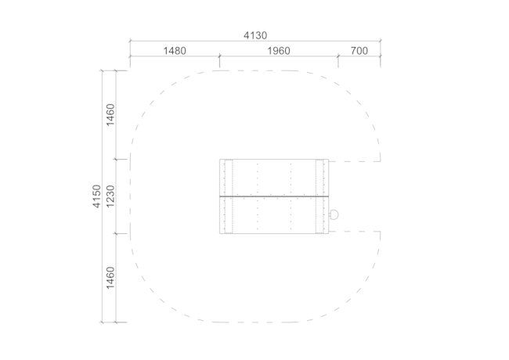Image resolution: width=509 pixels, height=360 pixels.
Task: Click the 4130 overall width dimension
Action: click(255, 35)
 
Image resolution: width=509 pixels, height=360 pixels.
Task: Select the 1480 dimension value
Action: click(175, 51)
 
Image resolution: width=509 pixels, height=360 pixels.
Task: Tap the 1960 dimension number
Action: click(279, 51)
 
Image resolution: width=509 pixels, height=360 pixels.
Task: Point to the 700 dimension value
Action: click(359, 51)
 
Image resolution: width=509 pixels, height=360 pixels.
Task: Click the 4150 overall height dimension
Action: click(97, 196)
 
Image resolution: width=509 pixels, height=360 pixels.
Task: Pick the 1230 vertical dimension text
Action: click(110, 196)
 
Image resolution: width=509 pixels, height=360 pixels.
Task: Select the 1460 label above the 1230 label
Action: click(110, 115)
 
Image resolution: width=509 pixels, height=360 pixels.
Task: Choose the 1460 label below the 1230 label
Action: click(110, 278)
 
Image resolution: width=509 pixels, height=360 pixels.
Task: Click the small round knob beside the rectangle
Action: click(334, 214)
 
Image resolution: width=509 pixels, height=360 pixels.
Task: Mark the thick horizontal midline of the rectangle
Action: click(274, 196)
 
